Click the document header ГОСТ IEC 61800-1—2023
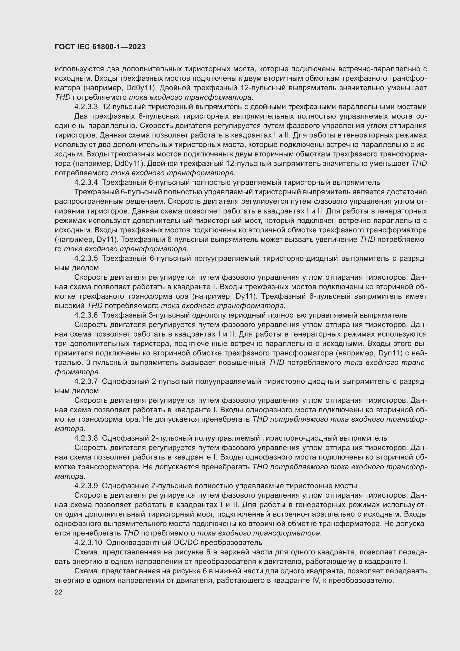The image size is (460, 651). pyautogui.click(x=100, y=47)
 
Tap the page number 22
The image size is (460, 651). pyautogui.click(x=59, y=593)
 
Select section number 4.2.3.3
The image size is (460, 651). pyautogui.click(x=86, y=107)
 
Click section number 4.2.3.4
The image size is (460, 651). pyautogui.click(x=86, y=182)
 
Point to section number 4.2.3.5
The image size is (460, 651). pyautogui.click(x=86, y=258)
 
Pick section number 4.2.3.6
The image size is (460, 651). pyautogui.click(x=86, y=315)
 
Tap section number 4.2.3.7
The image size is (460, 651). pyautogui.click(x=86, y=381)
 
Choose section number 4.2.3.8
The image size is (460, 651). pyautogui.click(x=86, y=438)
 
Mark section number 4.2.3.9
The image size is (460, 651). pyautogui.click(x=86, y=486)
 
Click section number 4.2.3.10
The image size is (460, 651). pyautogui.click(x=88, y=542)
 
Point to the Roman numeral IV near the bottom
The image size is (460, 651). pyautogui.click(x=316, y=580)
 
